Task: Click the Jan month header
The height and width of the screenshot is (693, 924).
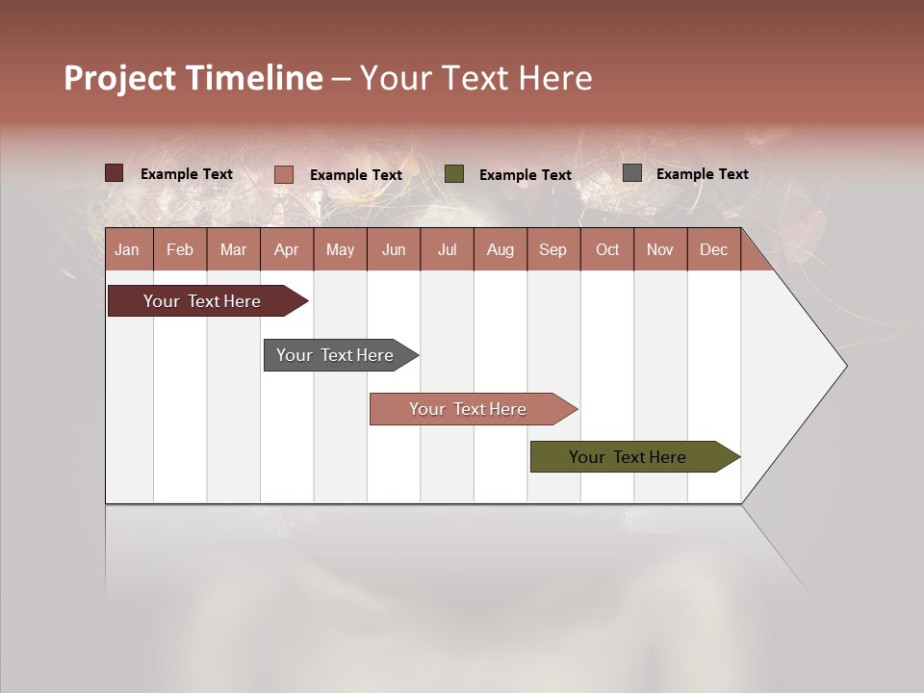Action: (x=127, y=249)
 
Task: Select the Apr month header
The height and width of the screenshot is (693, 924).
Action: (x=286, y=249)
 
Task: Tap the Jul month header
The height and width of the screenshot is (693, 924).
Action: (x=447, y=249)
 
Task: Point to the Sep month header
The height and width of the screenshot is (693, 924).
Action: (x=552, y=249)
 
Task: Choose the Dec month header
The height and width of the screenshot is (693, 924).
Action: (x=713, y=249)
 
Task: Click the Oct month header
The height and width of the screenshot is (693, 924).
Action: (x=607, y=249)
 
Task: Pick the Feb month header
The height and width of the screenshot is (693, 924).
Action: (x=180, y=249)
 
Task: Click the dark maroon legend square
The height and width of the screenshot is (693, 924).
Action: (x=114, y=173)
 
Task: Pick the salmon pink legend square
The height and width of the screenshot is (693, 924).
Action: (x=283, y=174)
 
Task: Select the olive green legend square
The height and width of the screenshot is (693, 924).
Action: (x=454, y=174)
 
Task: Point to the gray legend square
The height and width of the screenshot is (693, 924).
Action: (x=632, y=173)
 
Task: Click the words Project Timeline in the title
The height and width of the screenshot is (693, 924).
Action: (x=192, y=78)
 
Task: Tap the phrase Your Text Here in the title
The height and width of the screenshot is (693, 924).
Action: (x=475, y=78)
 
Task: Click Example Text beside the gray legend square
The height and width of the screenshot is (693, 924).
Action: (x=702, y=174)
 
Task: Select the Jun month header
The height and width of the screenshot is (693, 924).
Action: (x=394, y=249)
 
